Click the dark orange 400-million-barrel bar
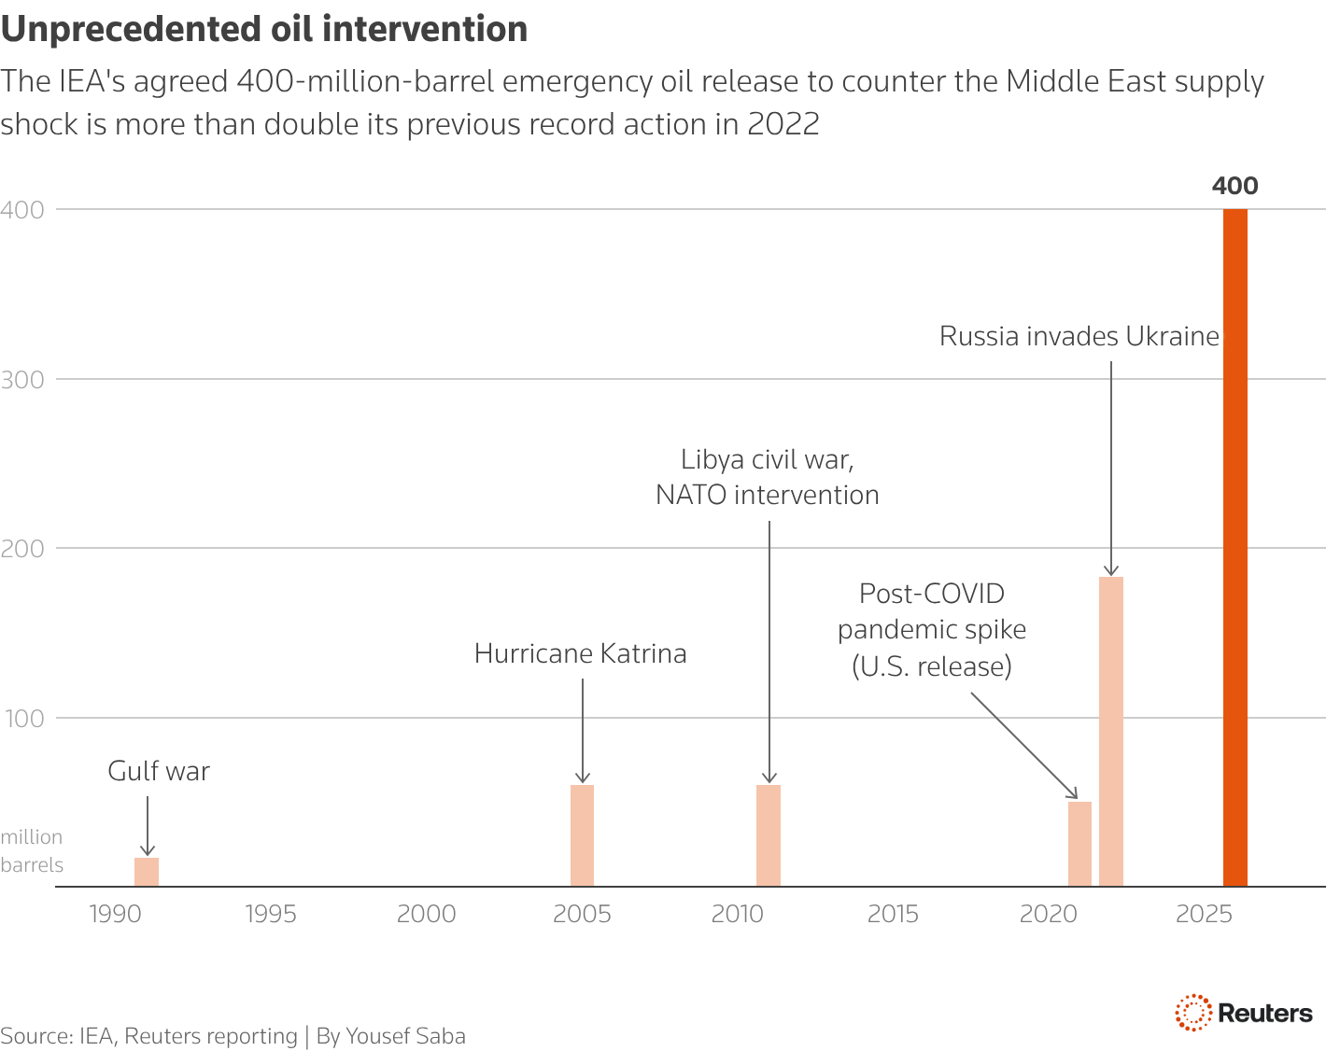coord(1234,547)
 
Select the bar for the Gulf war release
coord(147,872)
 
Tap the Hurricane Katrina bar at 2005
coord(582,835)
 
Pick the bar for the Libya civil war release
coord(769,835)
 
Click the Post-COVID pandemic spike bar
coord(1079,844)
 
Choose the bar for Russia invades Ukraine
coord(1111,731)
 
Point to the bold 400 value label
coord(1234,186)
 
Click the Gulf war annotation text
coord(159,771)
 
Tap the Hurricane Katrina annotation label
coord(580,653)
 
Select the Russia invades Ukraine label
coord(1079,336)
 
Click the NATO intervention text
coord(767,495)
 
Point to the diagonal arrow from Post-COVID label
coord(1023,745)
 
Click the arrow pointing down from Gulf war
coord(147,825)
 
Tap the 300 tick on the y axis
coord(22,379)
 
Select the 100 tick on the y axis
coord(22,718)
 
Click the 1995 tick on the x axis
coord(271,914)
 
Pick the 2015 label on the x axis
coord(893,914)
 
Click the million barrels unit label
coord(32,850)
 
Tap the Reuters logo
coord(1244,1013)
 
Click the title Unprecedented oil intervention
coord(264,29)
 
